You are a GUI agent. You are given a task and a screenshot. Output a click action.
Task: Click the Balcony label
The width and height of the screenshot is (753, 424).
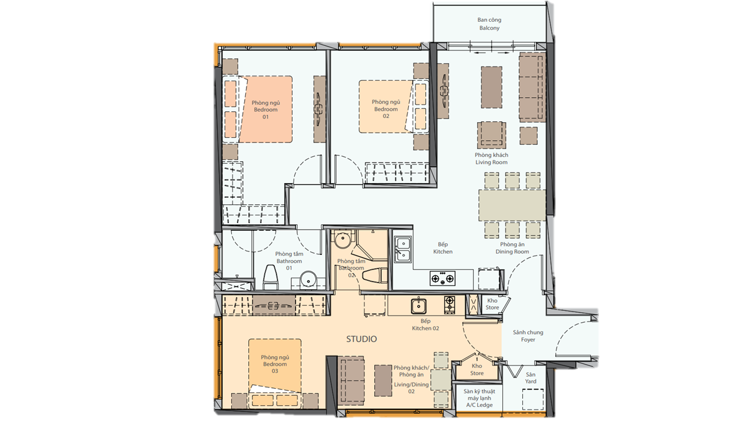coord(489,24)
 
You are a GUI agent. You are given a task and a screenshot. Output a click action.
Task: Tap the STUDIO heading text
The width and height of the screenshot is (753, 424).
coord(361,339)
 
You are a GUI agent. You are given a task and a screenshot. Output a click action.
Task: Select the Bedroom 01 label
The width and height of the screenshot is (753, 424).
coord(265,110)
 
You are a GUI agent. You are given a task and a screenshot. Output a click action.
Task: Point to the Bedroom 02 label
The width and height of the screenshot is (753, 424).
coord(386,109)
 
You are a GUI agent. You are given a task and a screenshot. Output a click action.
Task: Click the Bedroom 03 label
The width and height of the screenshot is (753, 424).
coord(275,364)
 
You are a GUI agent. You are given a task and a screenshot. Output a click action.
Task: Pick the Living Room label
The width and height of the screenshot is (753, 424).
coord(491,158)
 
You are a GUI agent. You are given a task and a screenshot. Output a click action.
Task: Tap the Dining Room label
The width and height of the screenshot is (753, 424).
coord(512,248)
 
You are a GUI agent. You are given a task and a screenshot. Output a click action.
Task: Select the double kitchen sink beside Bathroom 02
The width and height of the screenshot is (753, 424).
coord(403,249)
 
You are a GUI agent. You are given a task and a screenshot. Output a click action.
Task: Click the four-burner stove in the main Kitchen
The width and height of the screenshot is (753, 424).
coord(443,279)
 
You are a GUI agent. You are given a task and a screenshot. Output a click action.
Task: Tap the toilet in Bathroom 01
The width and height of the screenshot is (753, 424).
coord(270,277)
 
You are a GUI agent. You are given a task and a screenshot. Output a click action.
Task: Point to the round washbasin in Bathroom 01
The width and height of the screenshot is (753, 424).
coord(308,279)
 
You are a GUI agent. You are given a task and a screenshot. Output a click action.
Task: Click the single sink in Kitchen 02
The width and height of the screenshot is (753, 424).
coord(418,306)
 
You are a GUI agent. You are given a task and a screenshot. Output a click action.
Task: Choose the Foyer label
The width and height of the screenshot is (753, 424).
coord(528,336)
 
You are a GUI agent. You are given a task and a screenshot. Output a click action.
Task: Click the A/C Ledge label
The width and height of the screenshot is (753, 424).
coord(479,398)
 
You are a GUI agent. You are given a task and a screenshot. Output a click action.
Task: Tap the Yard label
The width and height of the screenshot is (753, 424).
coord(531,378)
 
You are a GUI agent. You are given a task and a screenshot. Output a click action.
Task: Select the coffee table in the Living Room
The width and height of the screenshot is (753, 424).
coord(491,87)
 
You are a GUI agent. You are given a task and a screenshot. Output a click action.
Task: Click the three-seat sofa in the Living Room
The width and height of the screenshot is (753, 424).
coord(532,87)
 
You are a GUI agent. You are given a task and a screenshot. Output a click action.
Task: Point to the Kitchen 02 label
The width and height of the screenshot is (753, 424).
coord(425,324)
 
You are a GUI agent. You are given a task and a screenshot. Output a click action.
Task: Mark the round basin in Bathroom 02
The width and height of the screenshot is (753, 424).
coord(342,240)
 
